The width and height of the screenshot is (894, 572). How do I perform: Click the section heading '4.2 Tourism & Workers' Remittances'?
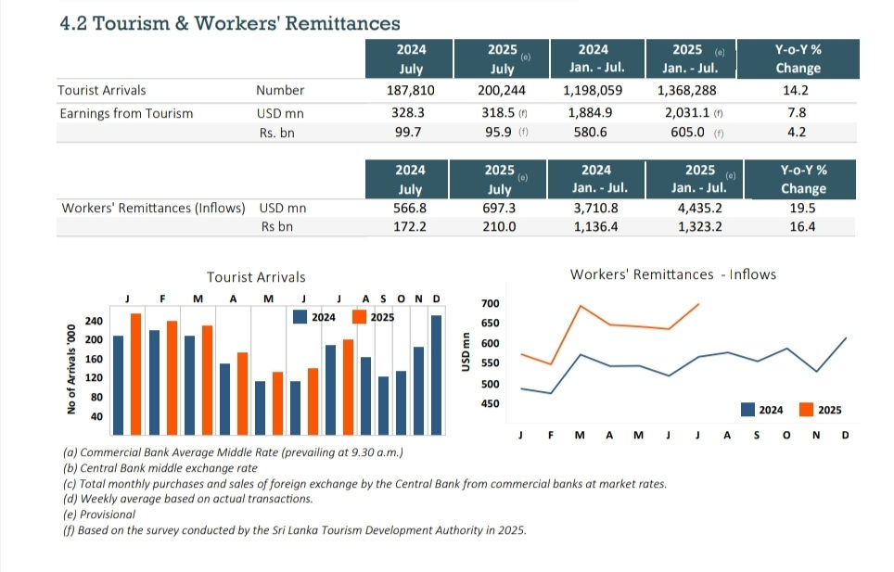(230, 23)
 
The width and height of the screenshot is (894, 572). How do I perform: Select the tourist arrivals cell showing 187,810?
(410, 91)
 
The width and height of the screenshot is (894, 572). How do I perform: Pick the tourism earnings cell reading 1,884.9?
(593, 113)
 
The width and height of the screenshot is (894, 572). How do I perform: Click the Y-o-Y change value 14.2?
(796, 91)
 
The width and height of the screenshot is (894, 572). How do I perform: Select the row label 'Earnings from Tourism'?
(126, 113)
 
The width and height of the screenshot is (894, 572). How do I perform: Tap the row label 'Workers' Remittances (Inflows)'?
(153, 208)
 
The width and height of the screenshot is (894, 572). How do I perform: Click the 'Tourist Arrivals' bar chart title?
(255, 277)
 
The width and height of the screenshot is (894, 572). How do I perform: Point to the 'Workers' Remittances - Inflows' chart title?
(672, 274)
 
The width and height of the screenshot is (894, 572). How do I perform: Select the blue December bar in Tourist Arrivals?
(437, 375)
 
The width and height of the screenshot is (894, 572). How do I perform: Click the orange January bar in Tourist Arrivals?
(135, 374)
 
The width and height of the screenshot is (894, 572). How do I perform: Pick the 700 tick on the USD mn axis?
(491, 304)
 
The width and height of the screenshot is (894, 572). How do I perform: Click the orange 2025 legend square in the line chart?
(806, 409)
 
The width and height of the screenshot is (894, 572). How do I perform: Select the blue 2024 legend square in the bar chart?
(300, 317)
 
